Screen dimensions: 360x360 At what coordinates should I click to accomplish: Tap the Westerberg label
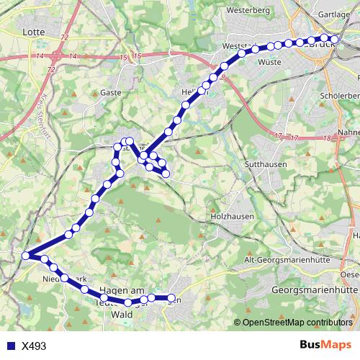(x=247, y=11)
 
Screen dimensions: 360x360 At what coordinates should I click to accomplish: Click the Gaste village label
(x=111, y=92)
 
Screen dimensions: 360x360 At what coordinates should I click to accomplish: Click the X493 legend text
(x=34, y=346)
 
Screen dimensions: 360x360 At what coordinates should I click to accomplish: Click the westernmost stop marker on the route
(x=26, y=256)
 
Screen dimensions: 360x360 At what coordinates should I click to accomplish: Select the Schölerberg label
(x=340, y=95)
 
